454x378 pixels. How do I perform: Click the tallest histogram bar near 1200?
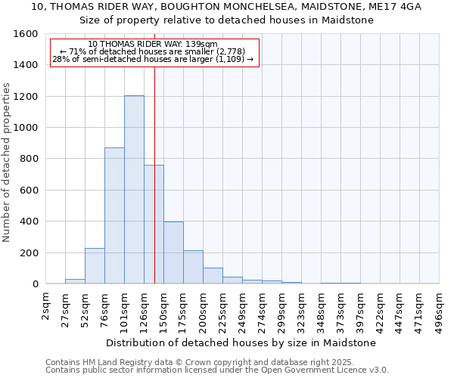(134, 189)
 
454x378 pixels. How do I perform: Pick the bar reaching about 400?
(173, 253)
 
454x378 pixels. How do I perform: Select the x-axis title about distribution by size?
(241, 342)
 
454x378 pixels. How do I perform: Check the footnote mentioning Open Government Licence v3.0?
(217, 370)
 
